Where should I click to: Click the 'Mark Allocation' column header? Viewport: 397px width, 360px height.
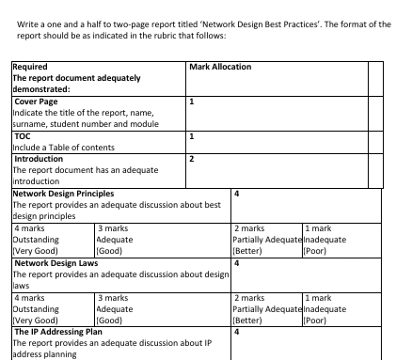pos(220,67)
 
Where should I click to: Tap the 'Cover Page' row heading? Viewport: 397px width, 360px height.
pos(37,101)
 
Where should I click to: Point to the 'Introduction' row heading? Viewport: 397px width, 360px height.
pos(39,159)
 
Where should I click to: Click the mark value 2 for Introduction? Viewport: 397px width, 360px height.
pos(192,159)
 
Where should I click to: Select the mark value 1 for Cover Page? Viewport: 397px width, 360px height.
pos(192,101)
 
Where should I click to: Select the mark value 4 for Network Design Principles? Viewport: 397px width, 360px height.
pos(236,193)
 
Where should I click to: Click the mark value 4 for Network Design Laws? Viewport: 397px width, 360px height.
pos(236,263)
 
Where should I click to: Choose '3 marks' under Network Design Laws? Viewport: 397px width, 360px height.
pos(113,297)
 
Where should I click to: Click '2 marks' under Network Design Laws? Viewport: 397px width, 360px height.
pos(248,297)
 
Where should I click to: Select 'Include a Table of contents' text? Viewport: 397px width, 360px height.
pos(63,148)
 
